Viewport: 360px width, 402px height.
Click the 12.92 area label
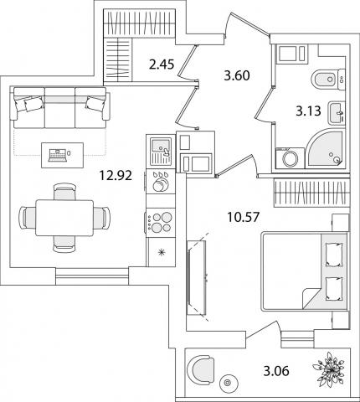pyautogui.click(x=116, y=176)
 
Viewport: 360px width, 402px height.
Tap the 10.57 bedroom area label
pyautogui.click(x=244, y=217)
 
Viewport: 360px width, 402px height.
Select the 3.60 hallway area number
pyautogui.click(x=237, y=75)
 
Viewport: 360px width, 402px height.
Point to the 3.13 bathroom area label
pyautogui.click(x=308, y=111)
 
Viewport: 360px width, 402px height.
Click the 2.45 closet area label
pyautogui.click(x=162, y=64)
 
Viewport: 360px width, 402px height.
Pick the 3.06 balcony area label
pyautogui.click(x=276, y=371)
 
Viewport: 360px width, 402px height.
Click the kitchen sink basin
pyautogui.click(x=160, y=145)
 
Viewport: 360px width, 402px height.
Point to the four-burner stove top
pyautogui.click(x=161, y=223)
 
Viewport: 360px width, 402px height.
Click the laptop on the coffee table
pyautogui.click(x=58, y=155)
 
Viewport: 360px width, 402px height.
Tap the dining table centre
pyautogui.click(x=64, y=218)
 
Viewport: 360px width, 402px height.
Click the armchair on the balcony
pyautogui.click(x=202, y=368)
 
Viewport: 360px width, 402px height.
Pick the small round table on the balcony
pyautogui.click(x=229, y=383)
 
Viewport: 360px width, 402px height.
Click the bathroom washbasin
pyautogui.click(x=337, y=113)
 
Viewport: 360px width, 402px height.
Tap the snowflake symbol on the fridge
pyautogui.click(x=162, y=252)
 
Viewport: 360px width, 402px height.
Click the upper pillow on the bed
pyautogui.click(x=334, y=255)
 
